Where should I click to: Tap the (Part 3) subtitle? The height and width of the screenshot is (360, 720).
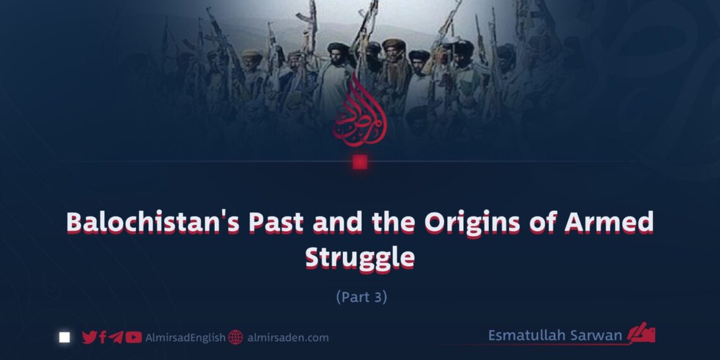point(361,297)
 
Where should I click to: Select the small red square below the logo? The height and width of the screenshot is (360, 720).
point(360,162)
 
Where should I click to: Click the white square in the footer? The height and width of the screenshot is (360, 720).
point(64,337)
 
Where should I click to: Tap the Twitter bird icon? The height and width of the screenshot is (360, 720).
point(90,337)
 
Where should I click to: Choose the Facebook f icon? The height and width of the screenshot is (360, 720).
point(103,337)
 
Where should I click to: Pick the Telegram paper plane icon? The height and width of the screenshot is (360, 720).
point(116,337)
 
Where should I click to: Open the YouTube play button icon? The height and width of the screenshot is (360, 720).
point(133,337)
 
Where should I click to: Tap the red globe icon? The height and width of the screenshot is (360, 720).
point(236,337)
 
